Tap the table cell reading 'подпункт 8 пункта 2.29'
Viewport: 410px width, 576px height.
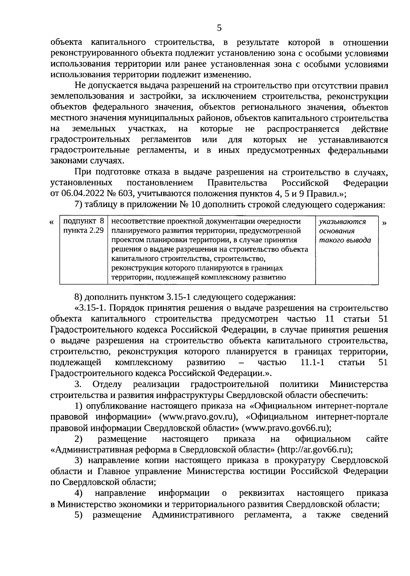tap(84, 226)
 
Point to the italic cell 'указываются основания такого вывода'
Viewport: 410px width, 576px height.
tap(345, 231)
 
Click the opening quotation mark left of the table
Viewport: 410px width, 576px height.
tap(52, 222)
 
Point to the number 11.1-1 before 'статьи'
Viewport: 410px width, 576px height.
tap(312, 362)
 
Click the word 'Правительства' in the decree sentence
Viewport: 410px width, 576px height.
tap(237, 183)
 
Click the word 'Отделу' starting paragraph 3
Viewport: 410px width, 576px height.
tap(107, 384)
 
